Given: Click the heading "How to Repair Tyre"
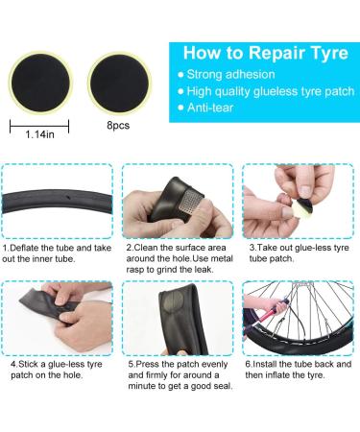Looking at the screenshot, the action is tap(266, 53).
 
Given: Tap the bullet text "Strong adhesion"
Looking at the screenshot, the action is tap(230, 75).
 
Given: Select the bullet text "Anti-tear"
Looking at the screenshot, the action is tap(210, 108).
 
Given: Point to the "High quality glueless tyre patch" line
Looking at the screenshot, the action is tap(271, 91).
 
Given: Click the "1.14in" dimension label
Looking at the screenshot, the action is tap(39, 134).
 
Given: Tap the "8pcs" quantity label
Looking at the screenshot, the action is tap(118, 125).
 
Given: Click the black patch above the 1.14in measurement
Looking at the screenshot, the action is tap(40, 84).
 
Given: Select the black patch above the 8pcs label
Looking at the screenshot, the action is tap(119, 84).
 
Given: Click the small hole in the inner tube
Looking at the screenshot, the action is tap(68, 197).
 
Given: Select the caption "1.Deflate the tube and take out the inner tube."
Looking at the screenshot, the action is tap(57, 253).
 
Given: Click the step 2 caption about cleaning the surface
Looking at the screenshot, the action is tap(180, 258).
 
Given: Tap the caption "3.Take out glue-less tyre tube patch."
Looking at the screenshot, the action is tap(299, 252).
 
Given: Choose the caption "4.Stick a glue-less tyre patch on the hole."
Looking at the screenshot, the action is tap(57, 370).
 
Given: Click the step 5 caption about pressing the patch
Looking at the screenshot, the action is tap(180, 374).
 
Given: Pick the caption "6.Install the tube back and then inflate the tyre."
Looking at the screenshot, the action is tap(299, 370).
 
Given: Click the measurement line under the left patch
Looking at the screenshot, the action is tap(39, 127).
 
